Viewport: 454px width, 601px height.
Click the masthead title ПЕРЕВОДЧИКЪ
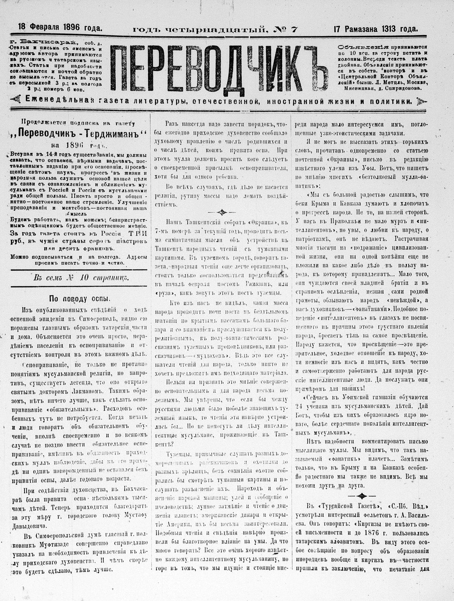pos(218,68)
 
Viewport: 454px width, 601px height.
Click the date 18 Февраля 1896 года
pos(60,27)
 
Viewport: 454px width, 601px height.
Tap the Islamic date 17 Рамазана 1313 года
pos(375,29)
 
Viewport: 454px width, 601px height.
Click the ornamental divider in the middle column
pos(221,212)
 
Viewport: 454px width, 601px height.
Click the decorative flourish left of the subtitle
pos(16,100)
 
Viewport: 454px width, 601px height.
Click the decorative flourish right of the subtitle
pos(421,101)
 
